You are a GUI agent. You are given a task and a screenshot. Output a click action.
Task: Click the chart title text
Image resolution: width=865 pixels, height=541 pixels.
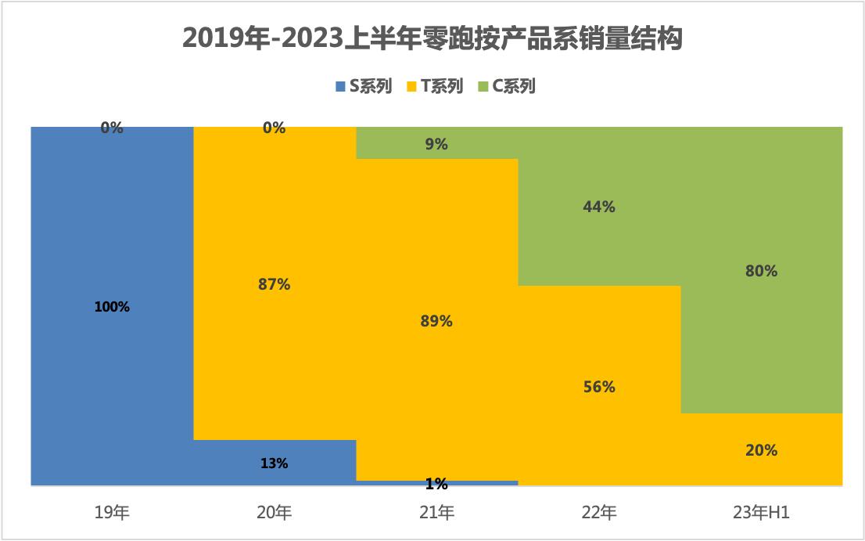432,38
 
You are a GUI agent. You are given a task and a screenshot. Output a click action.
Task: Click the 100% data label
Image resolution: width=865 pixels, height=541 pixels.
112,307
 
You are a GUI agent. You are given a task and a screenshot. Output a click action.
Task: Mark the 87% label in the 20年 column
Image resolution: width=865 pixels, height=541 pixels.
275,284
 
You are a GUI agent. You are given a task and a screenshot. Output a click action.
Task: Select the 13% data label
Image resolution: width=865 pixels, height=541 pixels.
275,463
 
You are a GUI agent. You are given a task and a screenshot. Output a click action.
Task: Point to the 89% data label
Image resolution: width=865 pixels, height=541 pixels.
436,321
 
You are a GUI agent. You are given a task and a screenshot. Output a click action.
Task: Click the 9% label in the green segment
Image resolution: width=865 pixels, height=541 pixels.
436,144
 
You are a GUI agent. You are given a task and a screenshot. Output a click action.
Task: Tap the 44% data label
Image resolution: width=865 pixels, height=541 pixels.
599,207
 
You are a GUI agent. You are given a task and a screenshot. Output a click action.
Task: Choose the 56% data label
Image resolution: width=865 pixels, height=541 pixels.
599,387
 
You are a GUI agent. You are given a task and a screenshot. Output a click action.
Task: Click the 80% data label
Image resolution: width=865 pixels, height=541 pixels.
761,271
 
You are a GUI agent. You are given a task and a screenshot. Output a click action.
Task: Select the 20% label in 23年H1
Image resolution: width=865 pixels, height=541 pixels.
761,450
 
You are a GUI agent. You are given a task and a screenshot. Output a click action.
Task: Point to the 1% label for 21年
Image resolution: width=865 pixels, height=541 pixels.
436,485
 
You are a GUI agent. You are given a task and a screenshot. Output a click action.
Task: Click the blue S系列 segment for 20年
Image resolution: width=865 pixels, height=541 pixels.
235,463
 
